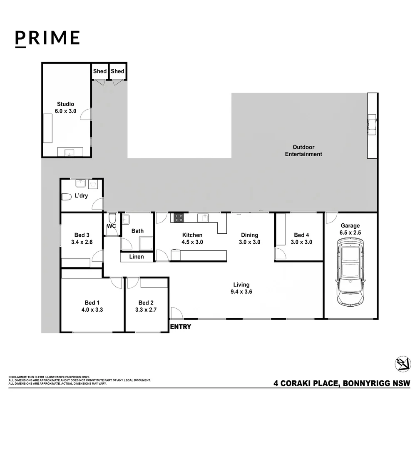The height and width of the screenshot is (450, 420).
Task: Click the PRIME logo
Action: (47, 38)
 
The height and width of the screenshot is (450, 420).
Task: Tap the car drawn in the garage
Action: (350, 271)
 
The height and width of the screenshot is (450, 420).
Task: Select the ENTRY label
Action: (181, 327)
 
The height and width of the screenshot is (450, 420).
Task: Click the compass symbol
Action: (403, 364)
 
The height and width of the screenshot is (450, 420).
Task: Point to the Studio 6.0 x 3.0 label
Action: (65, 107)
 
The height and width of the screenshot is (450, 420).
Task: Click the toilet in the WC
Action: (112, 218)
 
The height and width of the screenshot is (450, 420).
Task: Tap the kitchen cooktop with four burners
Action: (179, 217)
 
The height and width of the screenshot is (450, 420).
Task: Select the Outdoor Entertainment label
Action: (303, 150)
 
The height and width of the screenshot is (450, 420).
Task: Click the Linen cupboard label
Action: (136, 257)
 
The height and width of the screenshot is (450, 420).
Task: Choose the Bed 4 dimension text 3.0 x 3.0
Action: (301, 242)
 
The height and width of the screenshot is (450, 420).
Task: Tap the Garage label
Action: (350, 226)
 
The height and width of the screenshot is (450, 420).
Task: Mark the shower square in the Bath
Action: (146, 243)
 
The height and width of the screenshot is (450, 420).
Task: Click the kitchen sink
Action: (203, 217)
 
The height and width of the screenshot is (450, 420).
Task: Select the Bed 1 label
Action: (92, 302)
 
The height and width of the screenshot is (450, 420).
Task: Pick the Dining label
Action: (249, 235)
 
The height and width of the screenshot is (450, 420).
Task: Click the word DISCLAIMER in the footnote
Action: (17, 377)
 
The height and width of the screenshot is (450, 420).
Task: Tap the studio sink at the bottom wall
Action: (69, 152)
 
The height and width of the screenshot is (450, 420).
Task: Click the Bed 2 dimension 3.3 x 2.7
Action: (146, 310)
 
